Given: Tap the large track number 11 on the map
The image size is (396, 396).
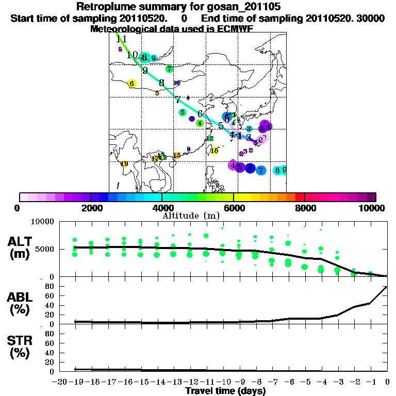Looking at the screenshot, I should tap(121, 39).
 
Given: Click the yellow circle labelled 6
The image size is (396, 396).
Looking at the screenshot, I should tap(132, 84).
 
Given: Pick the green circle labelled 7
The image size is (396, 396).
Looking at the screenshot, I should tap(169, 69).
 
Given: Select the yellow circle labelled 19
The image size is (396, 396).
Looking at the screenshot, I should tap(124, 164).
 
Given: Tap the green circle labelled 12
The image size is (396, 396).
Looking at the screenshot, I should tap(210, 138).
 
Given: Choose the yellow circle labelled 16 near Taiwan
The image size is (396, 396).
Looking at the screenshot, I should tap(214, 151).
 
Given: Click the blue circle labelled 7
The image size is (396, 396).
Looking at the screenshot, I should tap(261, 170).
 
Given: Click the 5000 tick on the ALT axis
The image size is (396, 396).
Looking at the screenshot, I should tap(46, 250).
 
